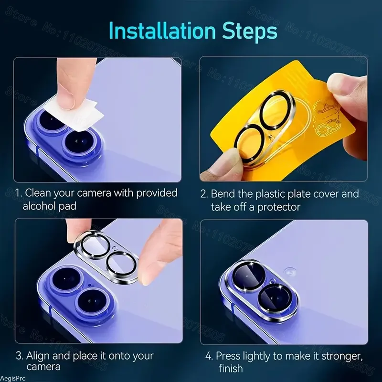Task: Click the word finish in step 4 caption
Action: tap(231, 368)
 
